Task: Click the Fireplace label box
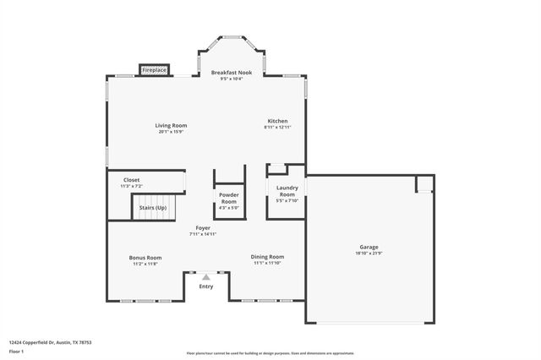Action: pyautogui.click(x=155, y=69)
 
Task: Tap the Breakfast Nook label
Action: pyautogui.click(x=231, y=73)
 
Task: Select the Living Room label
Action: pyautogui.click(x=171, y=125)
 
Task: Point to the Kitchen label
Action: pyautogui.click(x=277, y=121)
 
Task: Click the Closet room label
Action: pyautogui.click(x=132, y=179)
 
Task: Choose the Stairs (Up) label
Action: pyautogui.click(x=153, y=207)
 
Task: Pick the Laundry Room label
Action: pyautogui.click(x=287, y=191)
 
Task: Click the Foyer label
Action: pyautogui.click(x=203, y=227)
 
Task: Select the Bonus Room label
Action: pyautogui.click(x=145, y=258)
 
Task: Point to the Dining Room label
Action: pyautogui.click(x=267, y=256)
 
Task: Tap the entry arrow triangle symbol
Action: pyautogui.click(x=205, y=275)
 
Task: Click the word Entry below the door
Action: pyautogui.click(x=206, y=286)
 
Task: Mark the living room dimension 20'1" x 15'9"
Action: pyautogui.click(x=171, y=132)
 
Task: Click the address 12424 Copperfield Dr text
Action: pyautogui.click(x=51, y=342)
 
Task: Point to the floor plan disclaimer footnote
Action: pyautogui.click(x=270, y=352)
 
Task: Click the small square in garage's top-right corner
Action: pyautogui.click(x=424, y=183)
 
